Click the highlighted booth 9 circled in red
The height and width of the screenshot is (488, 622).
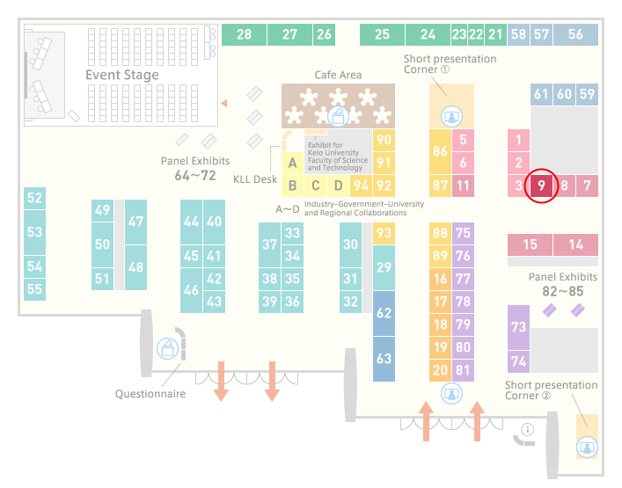(x=541, y=186)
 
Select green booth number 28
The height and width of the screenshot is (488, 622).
(x=244, y=34)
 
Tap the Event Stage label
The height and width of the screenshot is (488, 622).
(x=122, y=75)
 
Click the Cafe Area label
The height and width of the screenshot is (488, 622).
(x=338, y=75)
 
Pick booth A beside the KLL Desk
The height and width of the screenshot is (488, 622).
(x=292, y=163)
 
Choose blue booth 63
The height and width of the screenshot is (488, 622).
(x=384, y=359)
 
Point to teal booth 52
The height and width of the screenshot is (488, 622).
(x=34, y=198)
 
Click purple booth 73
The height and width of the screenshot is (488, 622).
(x=518, y=327)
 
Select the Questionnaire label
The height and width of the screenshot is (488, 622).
(x=150, y=394)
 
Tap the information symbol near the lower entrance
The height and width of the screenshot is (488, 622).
(x=528, y=429)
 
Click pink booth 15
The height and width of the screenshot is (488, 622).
(x=530, y=244)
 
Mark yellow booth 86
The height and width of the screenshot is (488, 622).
(x=440, y=151)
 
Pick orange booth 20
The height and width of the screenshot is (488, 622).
(x=440, y=370)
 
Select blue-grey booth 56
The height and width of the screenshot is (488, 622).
(x=575, y=34)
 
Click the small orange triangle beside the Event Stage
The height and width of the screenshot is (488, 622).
(x=224, y=103)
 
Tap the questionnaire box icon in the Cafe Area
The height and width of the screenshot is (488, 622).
(x=338, y=116)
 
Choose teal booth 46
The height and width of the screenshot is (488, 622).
(x=191, y=290)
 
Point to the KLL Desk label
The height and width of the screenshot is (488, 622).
(x=255, y=179)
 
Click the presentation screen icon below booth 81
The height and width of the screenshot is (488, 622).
(x=451, y=394)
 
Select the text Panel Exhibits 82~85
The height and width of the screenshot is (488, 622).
(x=563, y=285)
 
